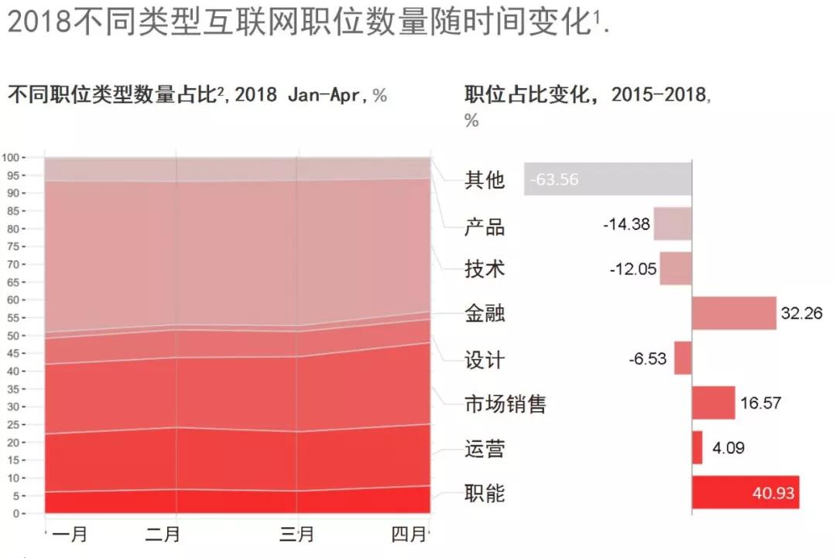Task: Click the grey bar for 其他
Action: [x=608, y=179]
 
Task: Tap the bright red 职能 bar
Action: [x=745, y=492]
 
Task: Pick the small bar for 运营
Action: [x=697, y=447]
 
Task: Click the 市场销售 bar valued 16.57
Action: [x=713, y=402]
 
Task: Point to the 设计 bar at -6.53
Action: [x=683, y=358]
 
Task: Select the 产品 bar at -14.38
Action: [x=673, y=224]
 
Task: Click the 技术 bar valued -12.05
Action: [x=676, y=269]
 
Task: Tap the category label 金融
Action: [x=485, y=314]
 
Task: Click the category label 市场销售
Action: [x=505, y=404]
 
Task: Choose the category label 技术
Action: [x=485, y=269]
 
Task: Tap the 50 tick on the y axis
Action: [x=32, y=336]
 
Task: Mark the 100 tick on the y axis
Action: [x=29, y=157]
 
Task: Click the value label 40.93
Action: [x=773, y=493]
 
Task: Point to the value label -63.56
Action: [x=554, y=180]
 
